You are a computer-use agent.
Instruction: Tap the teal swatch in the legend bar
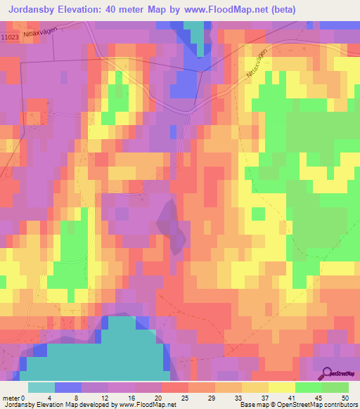[x=41, y=387]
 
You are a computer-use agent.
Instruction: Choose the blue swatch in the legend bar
[x=68, y=387]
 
